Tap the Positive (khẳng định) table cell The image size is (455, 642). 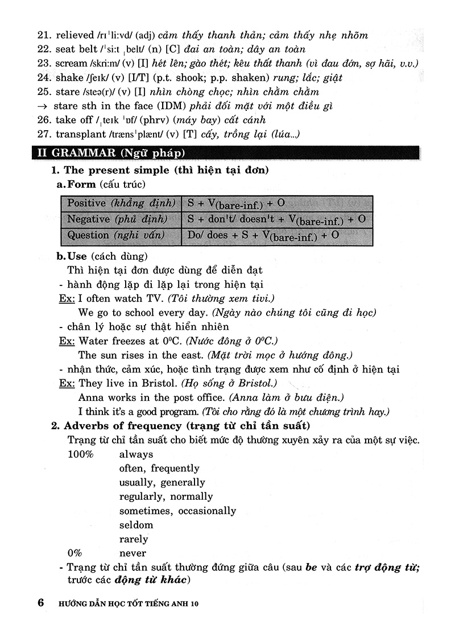(120, 204)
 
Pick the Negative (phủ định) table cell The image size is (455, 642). (120, 219)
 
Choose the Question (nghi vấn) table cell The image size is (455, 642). (120, 235)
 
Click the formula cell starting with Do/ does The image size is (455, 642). (276, 235)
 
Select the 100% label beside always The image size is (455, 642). (81, 455)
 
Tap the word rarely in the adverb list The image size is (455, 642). (134, 539)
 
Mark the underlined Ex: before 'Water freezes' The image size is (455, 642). (67, 341)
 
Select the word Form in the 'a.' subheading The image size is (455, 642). (81, 184)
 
